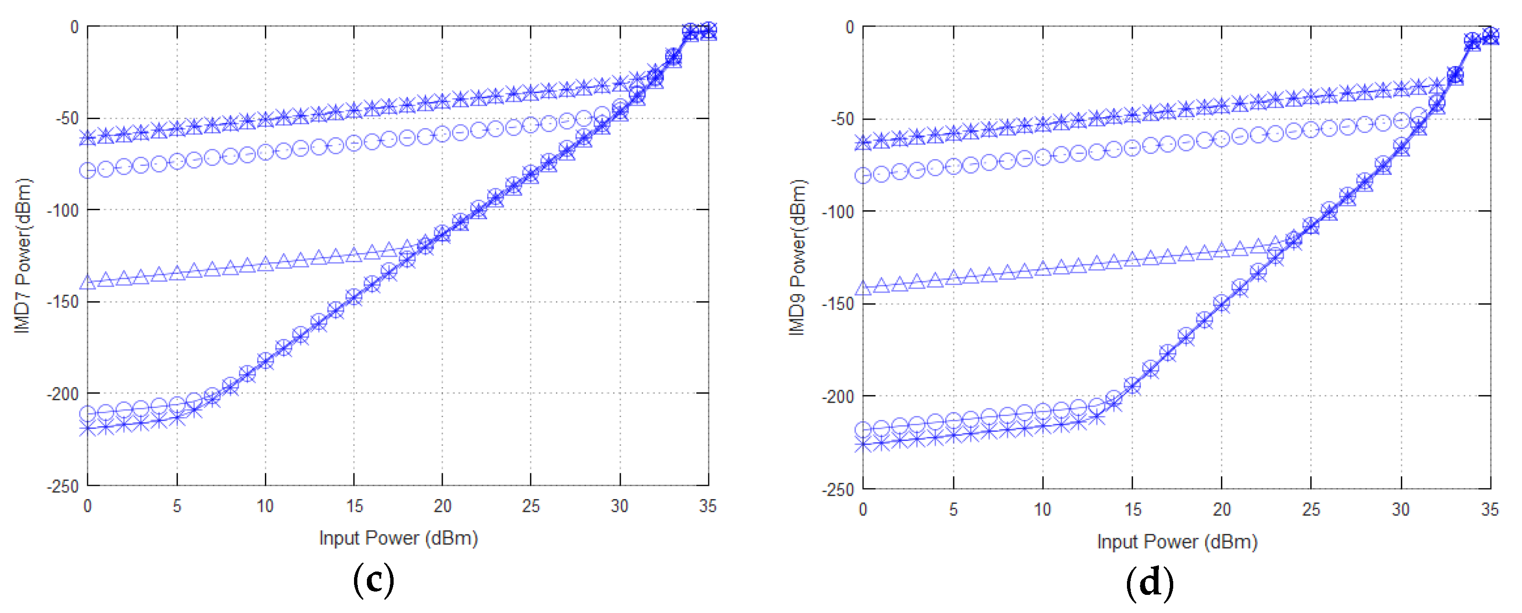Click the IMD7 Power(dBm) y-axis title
(22, 255)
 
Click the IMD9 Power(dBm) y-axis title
(797, 257)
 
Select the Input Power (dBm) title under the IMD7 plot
(398, 538)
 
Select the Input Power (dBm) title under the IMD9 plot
(1177, 541)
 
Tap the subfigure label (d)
(1149, 583)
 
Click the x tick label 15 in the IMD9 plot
(1132, 510)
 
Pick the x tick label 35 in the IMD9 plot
(1490, 510)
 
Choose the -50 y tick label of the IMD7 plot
(67, 118)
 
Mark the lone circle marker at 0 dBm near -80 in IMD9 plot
(863, 175)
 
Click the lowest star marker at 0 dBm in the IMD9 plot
(863, 445)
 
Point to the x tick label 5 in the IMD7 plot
(177, 506)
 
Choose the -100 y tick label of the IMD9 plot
(837, 212)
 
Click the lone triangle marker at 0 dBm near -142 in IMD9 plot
(863, 288)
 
